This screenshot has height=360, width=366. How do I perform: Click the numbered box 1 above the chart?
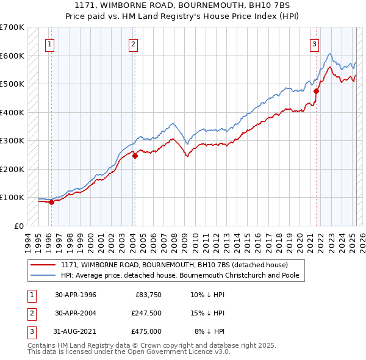click(49, 43)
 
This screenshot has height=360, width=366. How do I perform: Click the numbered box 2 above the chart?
click(132, 43)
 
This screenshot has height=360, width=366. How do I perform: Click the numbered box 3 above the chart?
click(314, 43)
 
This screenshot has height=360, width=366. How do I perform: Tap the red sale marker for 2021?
click(317, 92)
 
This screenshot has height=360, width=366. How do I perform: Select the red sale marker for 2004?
click(135, 156)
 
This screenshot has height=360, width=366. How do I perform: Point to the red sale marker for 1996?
click(51, 203)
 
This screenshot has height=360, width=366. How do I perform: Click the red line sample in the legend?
click(43, 265)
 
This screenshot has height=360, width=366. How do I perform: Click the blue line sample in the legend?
click(43, 275)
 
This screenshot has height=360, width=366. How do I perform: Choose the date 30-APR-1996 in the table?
click(75, 295)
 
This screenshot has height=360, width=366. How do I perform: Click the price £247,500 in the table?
click(146, 313)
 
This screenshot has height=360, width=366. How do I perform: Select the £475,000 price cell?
click(146, 331)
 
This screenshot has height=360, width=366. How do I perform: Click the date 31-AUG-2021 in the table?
click(76, 331)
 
